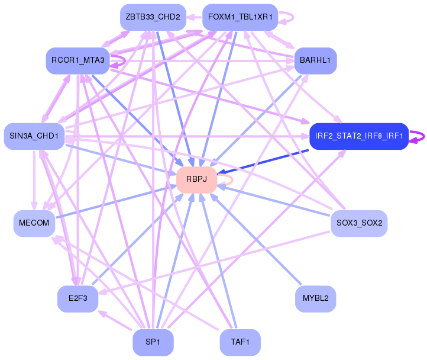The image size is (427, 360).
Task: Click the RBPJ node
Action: [x=196, y=179]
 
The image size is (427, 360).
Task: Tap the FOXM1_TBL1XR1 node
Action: [x=240, y=17]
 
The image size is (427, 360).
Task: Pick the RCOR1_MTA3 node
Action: [x=77, y=60]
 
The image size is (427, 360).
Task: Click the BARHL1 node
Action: [x=315, y=60]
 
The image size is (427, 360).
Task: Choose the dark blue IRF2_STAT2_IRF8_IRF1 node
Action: [x=358, y=136]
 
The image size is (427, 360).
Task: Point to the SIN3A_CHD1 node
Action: [x=34, y=136]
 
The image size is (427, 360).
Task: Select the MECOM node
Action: [x=34, y=223]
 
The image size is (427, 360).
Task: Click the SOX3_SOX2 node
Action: [x=359, y=223]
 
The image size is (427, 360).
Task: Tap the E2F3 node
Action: [x=77, y=298]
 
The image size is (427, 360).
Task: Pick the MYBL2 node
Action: [x=315, y=298]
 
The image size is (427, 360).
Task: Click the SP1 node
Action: [x=153, y=342]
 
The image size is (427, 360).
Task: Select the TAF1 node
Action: [x=240, y=342]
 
